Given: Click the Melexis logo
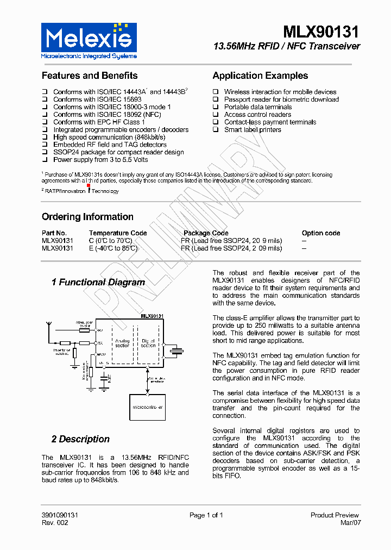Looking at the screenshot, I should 89,40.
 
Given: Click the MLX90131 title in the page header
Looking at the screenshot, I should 321,32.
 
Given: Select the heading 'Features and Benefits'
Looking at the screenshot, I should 90,76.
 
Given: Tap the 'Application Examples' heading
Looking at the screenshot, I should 260,76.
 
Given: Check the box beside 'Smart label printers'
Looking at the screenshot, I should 216,130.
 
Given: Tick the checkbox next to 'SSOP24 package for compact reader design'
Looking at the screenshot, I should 45,153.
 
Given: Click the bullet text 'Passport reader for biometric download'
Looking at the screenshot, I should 281,99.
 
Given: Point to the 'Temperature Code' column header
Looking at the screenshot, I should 118,233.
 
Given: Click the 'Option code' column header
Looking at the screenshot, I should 321,233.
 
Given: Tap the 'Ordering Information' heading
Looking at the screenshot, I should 87,217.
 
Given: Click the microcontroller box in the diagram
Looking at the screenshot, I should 147,407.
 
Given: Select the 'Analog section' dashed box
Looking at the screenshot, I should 123,344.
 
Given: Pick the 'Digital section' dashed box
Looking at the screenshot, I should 149,344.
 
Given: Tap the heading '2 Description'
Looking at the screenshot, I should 80,439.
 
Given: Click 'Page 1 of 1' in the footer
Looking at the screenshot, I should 206,515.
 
